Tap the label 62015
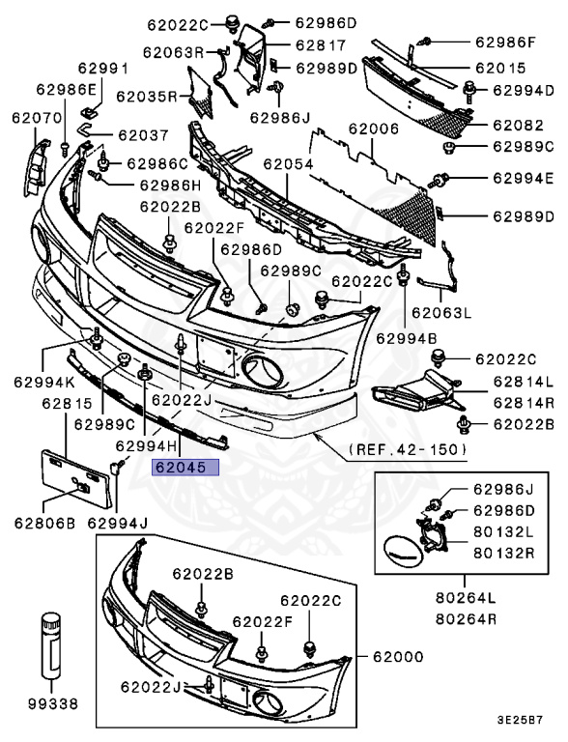499,69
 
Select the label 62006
373,128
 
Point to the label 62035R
147,96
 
